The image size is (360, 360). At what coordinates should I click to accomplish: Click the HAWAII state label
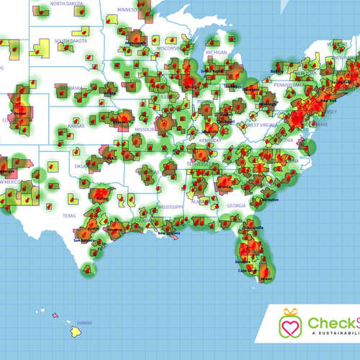85,322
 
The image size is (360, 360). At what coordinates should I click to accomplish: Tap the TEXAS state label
68,215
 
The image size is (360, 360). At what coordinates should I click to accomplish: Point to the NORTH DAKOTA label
66,4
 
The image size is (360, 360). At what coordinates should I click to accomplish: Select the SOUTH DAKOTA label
71,40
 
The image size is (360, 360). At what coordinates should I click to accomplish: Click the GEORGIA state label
235,205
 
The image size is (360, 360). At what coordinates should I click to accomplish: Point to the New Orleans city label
171,233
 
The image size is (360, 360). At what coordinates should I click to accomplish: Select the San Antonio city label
84,240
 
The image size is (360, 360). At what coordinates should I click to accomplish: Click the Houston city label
114,238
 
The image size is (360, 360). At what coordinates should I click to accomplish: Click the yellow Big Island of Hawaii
76,332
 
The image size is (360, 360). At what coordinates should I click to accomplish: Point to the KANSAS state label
76,126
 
